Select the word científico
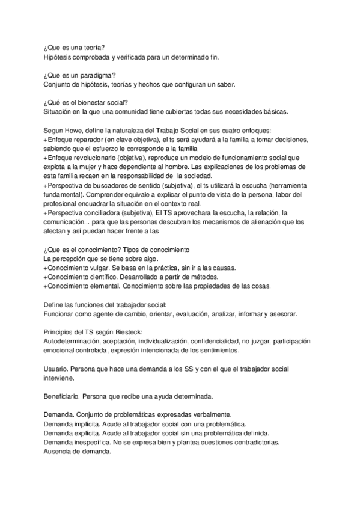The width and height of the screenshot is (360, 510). (111, 277)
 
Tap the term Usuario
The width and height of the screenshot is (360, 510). (56, 369)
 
